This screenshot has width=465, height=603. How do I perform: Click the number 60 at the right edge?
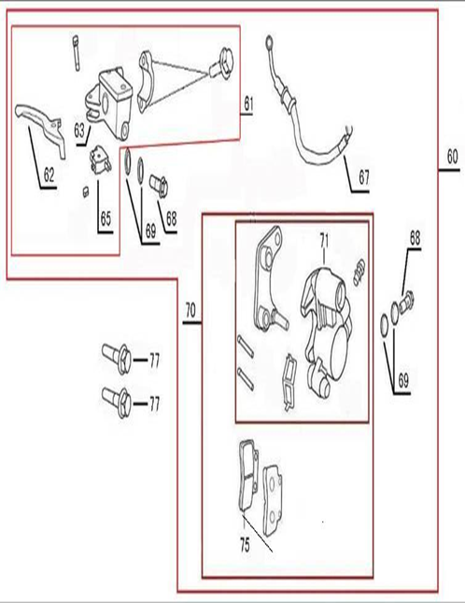tap(452, 156)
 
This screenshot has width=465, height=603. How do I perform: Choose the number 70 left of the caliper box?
tap(190, 309)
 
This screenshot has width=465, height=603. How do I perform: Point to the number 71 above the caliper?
tap(324, 241)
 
